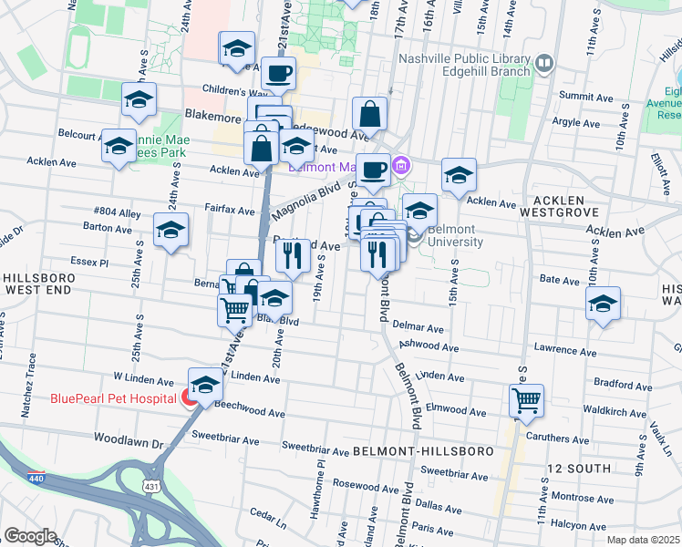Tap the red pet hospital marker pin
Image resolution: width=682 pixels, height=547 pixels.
coord(187,398)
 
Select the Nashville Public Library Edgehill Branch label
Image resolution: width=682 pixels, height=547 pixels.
coord(464,64)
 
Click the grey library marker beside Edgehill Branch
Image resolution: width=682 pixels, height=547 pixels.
coord(544,63)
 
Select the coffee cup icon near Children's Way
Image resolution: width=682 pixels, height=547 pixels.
coord(279,73)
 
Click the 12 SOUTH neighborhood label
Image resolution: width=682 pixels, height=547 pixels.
coord(574,467)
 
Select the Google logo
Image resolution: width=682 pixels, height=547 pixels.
coord(30,536)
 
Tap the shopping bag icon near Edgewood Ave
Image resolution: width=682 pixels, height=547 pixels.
coord(369,115)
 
